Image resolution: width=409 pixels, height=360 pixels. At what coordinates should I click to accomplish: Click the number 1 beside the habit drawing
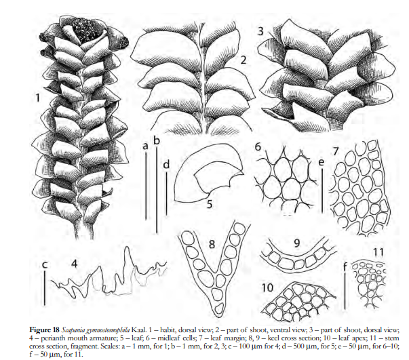(x=38, y=98)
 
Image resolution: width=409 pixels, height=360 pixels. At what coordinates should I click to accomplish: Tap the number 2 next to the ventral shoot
(x=243, y=60)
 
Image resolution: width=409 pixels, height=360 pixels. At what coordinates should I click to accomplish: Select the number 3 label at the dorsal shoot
(x=260, y=31)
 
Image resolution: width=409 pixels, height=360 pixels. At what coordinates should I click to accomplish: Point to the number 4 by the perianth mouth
(x=75, y=264)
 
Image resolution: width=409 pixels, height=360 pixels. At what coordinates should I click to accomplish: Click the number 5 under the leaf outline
(x=210, y=205)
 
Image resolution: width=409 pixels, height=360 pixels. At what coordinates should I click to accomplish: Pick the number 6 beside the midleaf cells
(x=258, y=147)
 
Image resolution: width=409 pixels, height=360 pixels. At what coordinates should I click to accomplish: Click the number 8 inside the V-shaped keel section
(x=212, y=244)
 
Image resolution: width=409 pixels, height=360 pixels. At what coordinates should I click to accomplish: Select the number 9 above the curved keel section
(x=297, y=243)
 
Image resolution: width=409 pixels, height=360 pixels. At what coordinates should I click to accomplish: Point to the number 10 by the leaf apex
(x=267, y=287)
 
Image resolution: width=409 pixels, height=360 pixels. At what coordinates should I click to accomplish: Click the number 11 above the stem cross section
(x=378, y=252)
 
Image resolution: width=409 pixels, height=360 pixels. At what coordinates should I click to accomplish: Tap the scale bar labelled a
(x=146, y=186)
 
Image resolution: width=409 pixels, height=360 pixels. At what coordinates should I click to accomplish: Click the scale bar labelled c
(x=45, y=287)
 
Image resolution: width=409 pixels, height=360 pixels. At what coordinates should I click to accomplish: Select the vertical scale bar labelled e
(x=322, y=191)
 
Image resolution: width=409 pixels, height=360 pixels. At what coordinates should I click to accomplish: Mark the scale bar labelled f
(x=345, y=291)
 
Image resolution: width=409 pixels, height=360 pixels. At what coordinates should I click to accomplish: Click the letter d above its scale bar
(x=166, y=165)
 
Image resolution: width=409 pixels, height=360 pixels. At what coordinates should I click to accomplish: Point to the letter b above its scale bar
(x=157, y=140)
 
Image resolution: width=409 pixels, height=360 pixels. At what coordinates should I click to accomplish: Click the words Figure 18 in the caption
(x=44, y=329)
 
